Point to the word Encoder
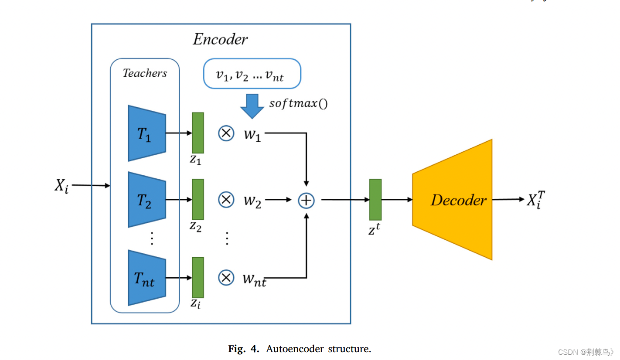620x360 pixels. [220, 40]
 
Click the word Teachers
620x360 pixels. [145, 73]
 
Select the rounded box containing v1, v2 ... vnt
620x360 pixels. [252, 74]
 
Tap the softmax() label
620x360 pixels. [298, 104]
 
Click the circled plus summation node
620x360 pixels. [306, 200]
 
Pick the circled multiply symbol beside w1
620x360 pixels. [226, 133]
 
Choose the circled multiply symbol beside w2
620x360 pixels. [226, 200]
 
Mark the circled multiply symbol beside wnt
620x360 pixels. [226, 277]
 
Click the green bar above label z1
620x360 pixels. [198, 132]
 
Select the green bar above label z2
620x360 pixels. [198, 199]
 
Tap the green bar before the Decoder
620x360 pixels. [375, 199]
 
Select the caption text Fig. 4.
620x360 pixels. [245, 349]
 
